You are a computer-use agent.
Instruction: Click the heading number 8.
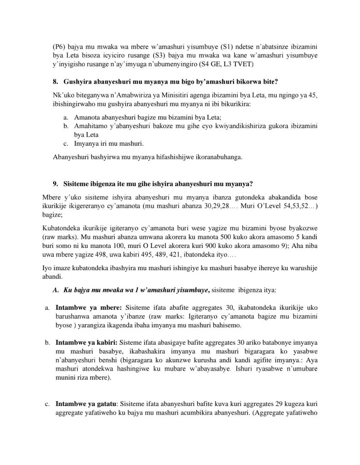pyautogui.click(x=56, y=82)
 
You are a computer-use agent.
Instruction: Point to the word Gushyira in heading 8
pyautogui.click(x=77, y=82)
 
